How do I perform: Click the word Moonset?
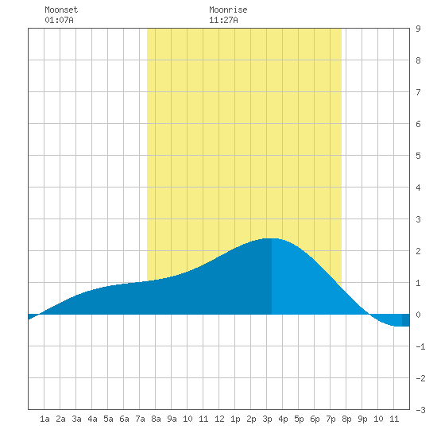click(61, 10)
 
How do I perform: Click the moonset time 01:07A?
click(59, 20)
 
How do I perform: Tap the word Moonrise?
click(228, 10)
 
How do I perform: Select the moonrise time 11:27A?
click(223, 20)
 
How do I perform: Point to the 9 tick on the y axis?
click(418, 29)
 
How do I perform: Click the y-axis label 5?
click(418, 156)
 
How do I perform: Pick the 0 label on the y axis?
click(418, 315)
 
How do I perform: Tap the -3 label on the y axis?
click(420, 410)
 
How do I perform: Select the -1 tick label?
click(420, 346)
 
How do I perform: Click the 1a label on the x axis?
click(44, 419)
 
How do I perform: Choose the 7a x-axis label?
click(140, 419)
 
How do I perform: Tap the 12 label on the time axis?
click(219, 419)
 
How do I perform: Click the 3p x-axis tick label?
click(267, 419)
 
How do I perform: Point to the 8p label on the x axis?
click(346, 419)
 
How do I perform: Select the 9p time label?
click(362, 419)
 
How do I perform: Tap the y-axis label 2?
click(418, 251)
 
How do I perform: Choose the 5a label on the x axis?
click(108, 419)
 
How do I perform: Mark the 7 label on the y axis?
click(418, 92)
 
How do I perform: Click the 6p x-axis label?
click(315, 419)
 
